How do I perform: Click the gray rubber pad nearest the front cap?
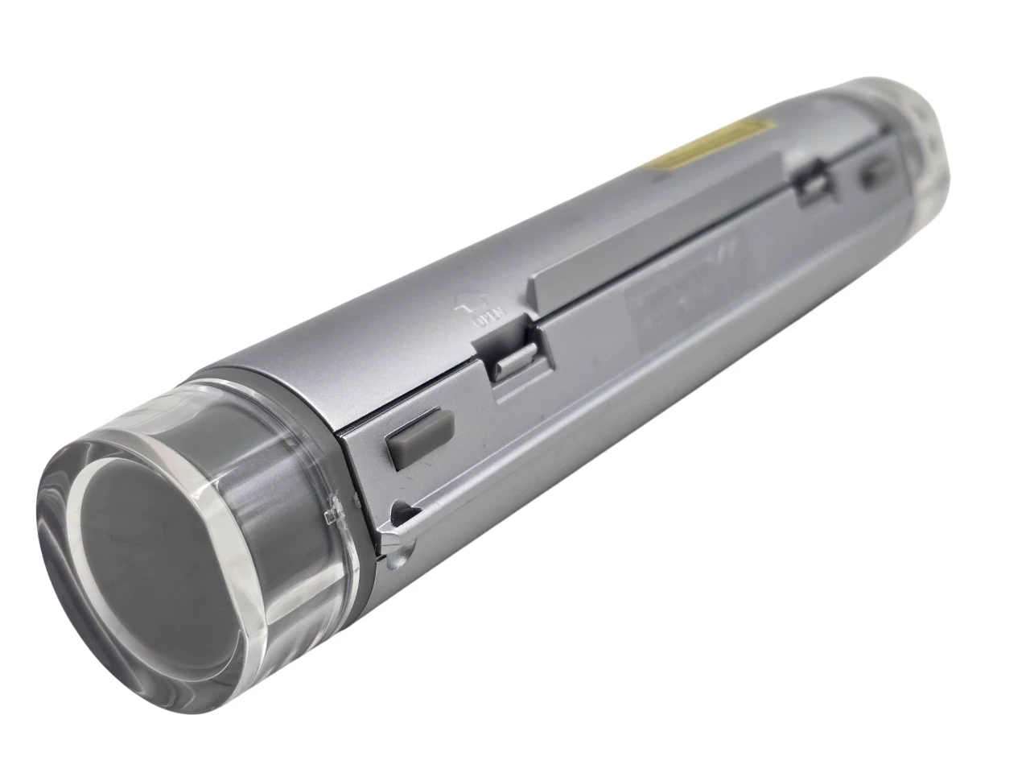(x=419, y=438)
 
